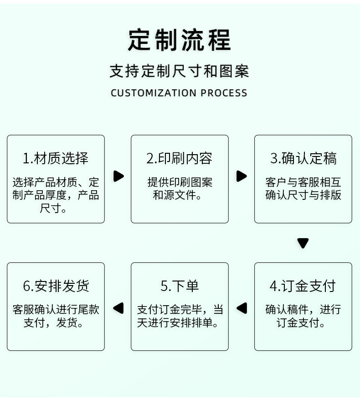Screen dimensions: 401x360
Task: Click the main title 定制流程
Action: point(179,40)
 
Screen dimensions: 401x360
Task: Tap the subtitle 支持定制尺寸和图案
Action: point(179,71)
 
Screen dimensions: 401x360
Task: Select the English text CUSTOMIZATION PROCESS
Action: point(179,93)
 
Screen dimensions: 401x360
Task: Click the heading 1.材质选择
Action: point(56,158)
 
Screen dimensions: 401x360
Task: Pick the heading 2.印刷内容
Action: point(180,158)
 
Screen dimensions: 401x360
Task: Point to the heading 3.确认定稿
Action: point(303,158)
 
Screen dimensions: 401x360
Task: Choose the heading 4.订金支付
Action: point(303,286)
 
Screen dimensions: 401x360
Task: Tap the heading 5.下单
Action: point(180,286)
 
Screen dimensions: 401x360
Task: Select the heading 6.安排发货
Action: point(56,286)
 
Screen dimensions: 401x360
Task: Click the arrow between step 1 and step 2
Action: point(118,176)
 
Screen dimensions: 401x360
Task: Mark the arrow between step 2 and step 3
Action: point(242,176)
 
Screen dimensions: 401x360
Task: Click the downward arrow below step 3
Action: point(303,243)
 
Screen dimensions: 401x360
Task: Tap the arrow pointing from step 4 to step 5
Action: point(242,308)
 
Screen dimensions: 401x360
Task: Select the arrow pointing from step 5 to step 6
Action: point(118,308)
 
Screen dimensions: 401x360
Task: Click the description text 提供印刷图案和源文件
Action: point(180,189)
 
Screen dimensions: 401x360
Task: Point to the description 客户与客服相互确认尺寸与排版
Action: point(303,189)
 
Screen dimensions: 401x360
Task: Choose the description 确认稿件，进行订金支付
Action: point(303,316)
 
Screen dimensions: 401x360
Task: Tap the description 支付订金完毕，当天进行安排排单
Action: point(180,316)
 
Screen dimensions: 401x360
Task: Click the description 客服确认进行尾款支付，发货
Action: point(56,316)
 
